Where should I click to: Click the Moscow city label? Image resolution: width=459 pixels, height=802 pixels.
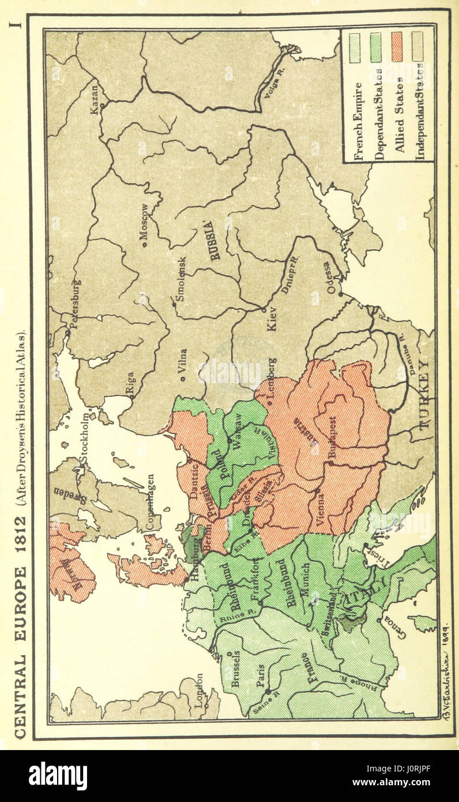tap(144, 222)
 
